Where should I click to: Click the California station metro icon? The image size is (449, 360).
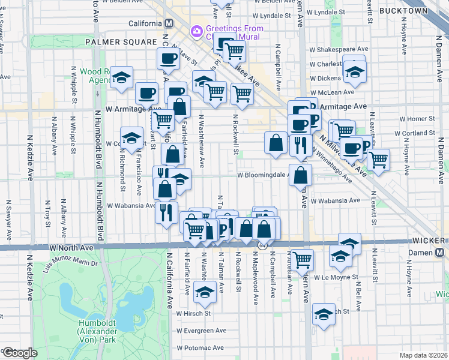(169, 23)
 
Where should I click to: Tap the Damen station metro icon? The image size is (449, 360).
(441, 253)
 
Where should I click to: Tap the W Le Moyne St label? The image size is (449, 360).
(334, 278)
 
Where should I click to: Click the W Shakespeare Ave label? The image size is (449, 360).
(338, 49)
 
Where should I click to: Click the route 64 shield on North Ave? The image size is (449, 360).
(263, 246)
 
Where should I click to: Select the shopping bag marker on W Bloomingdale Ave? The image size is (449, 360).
(301, 175)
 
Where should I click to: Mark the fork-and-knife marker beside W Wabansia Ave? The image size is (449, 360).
(165, 212)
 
